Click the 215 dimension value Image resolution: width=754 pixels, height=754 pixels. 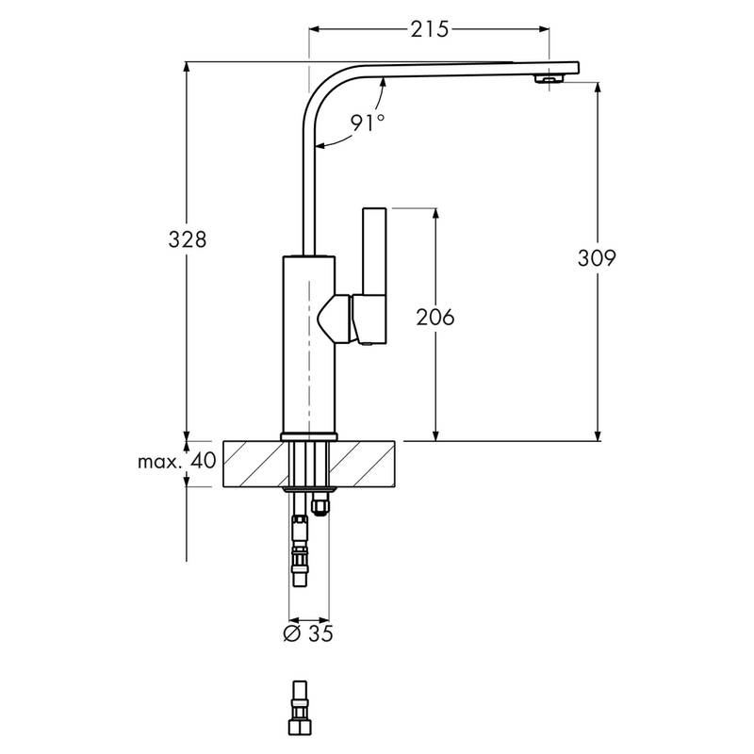click(x=427, y=29)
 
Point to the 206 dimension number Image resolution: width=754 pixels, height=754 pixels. click(x=434, y=318)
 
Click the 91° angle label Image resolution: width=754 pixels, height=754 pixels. click(x=368, y=123)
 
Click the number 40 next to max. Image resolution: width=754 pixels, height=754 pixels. click(x=205, y=462)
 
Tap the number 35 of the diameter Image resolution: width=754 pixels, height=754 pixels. click(x=320, y=633)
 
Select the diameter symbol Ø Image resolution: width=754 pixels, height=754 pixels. click(x=291, y=633)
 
